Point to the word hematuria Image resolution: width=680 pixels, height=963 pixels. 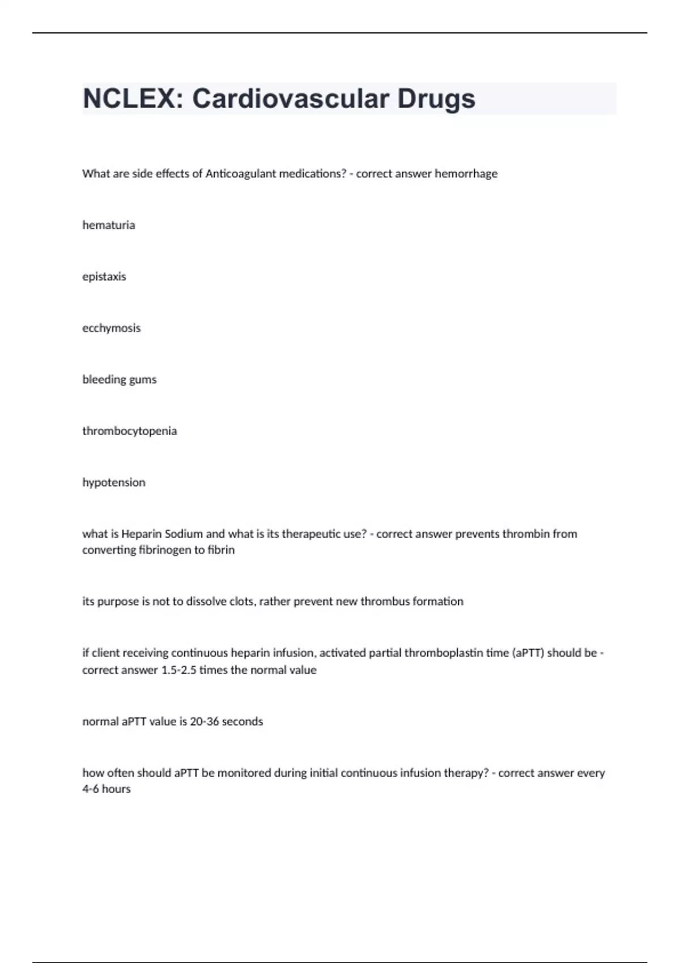tap(109, 225)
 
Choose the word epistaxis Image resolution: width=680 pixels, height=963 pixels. tap(104, 277)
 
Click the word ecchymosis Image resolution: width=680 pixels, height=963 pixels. tap(112, 329)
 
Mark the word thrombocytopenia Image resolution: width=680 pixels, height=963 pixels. tap(130, 431)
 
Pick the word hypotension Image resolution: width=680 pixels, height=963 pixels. tap(114, 483)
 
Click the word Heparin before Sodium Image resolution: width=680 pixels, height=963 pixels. tap(142, 534)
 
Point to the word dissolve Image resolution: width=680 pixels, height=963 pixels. tap(206, 602)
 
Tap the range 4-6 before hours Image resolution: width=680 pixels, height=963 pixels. tap(91, 789)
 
